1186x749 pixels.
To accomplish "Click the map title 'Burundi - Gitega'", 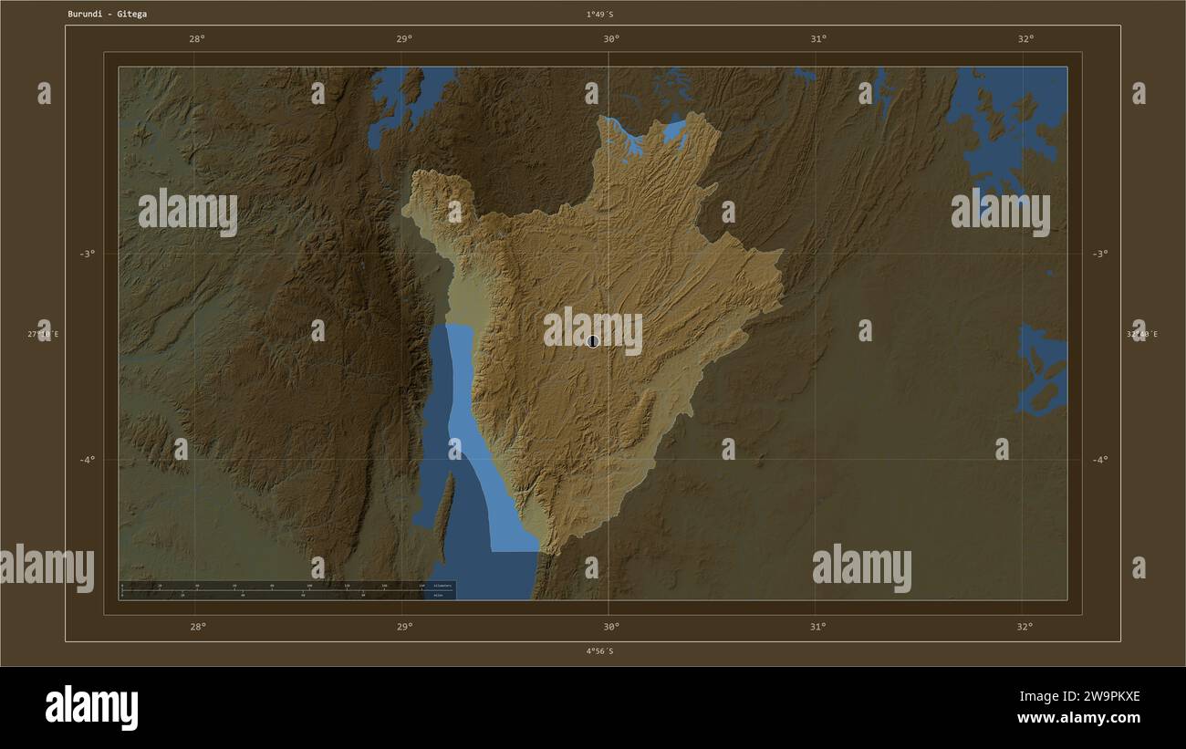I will [x=107, y=14].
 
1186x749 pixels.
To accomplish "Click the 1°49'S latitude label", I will [x=599, y=14].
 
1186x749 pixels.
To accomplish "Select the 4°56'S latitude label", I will [x=599, y=650].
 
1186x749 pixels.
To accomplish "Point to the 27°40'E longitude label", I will [x=43, y=334].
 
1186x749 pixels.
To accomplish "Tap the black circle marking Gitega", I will [x=593, y=341].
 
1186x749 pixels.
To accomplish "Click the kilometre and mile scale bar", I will [x=286, y=590].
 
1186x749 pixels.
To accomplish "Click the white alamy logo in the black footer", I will [x=91, y=707].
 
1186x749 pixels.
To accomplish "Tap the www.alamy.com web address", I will [x=1078, y=718].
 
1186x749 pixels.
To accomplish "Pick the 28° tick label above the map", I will [x=196, y=38].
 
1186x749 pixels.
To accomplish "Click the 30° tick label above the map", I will [x=611, y=38].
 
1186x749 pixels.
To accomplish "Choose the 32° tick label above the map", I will [x=1025, y=38].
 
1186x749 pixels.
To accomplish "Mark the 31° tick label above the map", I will [x=818, y=38].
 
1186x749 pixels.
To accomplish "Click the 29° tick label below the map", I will [x=404, y=626].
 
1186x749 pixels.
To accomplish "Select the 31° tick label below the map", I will [x=818, y=626].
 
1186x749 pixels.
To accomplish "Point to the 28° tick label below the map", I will [x=197, y=626].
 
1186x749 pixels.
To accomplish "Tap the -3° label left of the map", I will [x=86, y=254].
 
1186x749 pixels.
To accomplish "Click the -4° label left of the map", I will [x=86, y=460].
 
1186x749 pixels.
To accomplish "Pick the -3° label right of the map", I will [x=1099, y=254].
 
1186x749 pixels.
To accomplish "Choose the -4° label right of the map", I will [x=1099, y=460].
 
